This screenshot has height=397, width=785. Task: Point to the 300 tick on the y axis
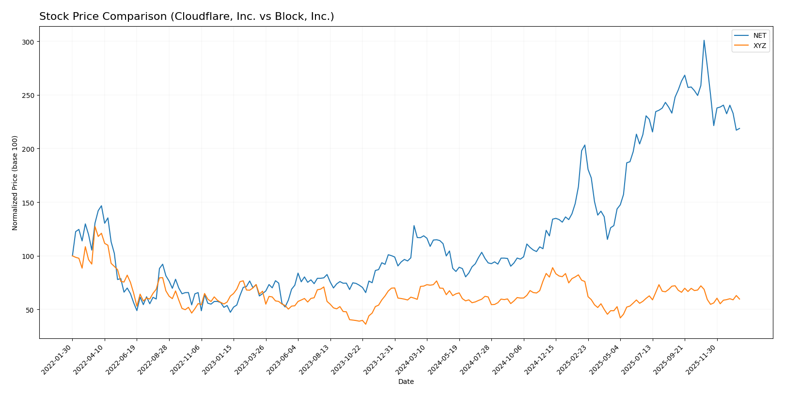[29, 42]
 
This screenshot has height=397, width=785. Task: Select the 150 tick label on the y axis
[29, 203]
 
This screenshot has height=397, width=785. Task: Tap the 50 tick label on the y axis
[31, 310]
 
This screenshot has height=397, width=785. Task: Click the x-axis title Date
[406, 382]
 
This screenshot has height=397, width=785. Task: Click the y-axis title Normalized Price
[15, 183]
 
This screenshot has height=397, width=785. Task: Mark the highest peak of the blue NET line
[704, 40]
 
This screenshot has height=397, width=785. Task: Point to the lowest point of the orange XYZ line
[365, 324]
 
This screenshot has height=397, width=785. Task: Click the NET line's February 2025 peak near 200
[585, 145]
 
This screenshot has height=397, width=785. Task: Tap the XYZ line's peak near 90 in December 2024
[552, 268]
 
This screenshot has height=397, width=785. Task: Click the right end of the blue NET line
[739, 128]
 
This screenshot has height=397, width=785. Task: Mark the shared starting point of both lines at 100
[72, 256]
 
